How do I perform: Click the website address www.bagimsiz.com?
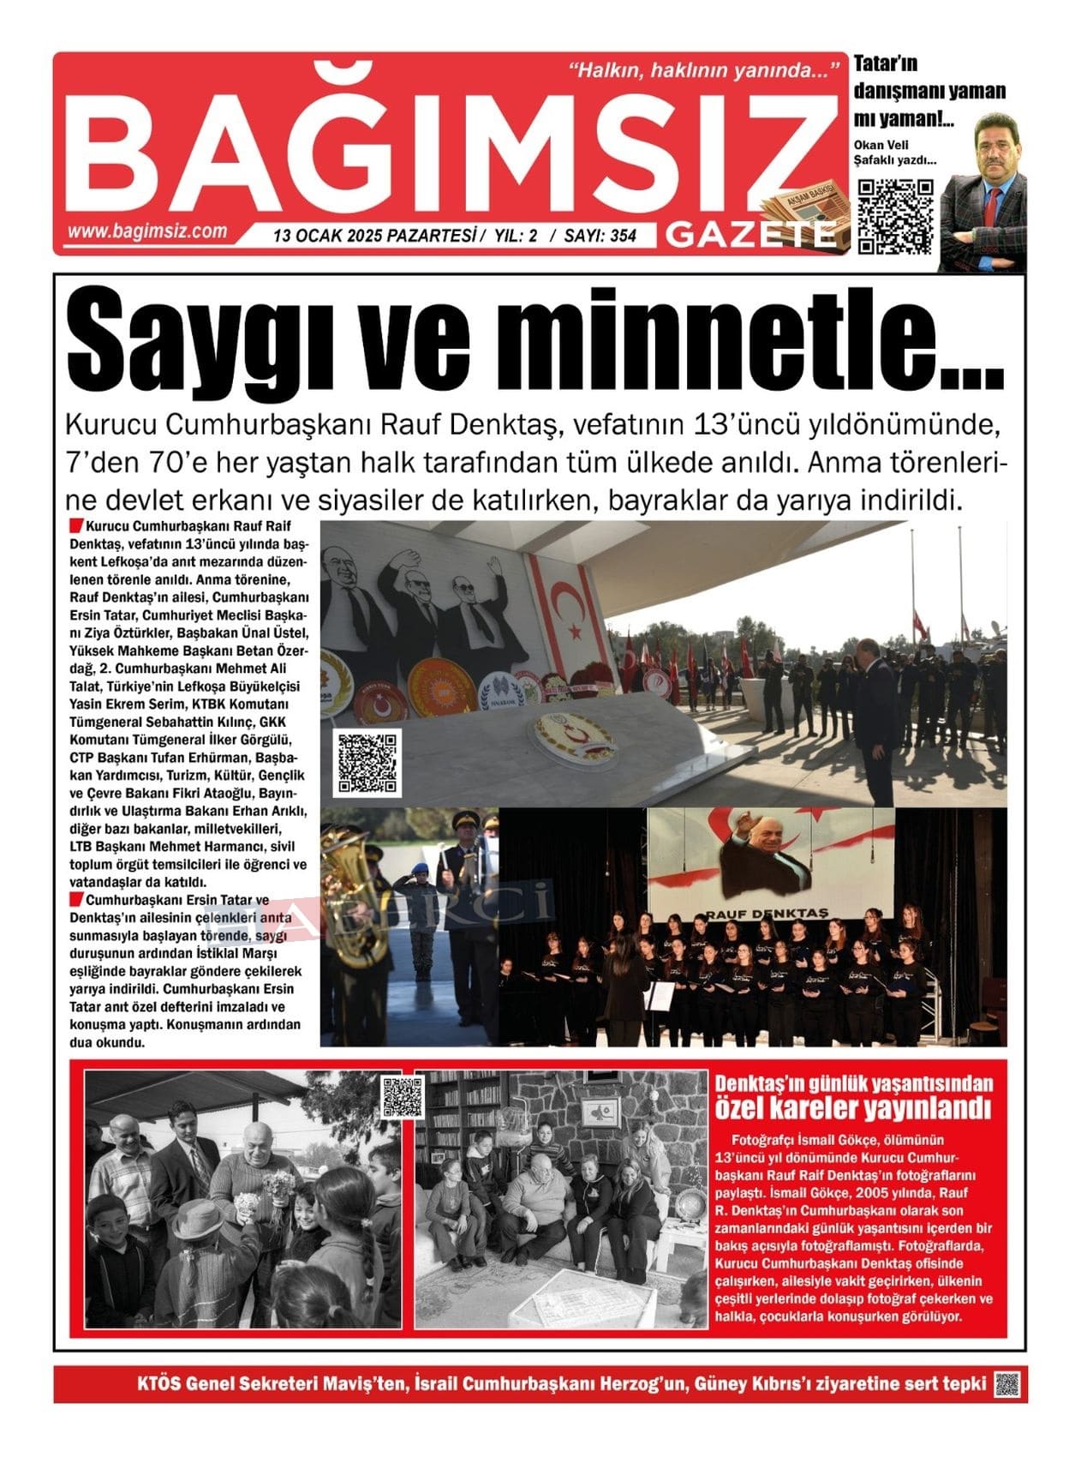coord(147,231)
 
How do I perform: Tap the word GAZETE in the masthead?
coord(750,234)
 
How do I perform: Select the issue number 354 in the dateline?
coord(624,236)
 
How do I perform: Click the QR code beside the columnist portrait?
coord(895,216)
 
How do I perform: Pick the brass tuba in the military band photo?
coord(349,891)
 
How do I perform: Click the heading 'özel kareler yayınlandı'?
coord(852,1109)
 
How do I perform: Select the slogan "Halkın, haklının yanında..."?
coord(702,70)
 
